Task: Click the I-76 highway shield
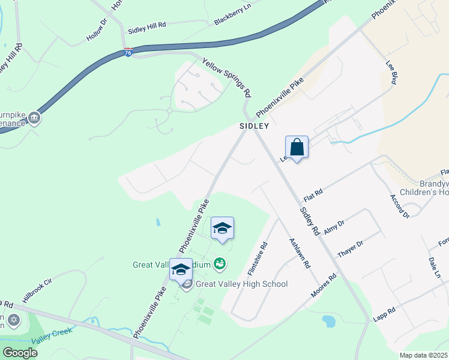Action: pos(128,53)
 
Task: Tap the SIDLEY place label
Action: pos(253,127)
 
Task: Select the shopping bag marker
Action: pos(297,146)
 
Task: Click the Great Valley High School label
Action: pos(241,284)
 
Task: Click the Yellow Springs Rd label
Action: pos(227,77)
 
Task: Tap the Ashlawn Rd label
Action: pos(300,253)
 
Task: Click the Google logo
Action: pos(20,353)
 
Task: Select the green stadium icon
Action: pos(220,263)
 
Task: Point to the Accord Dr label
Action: pos(399,206)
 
